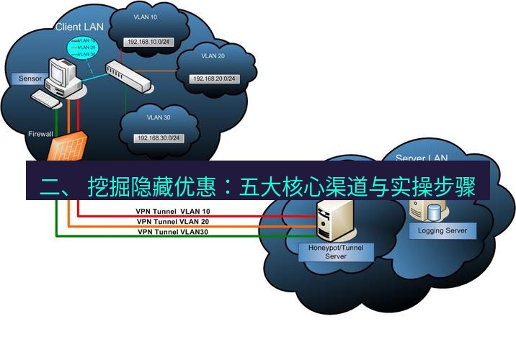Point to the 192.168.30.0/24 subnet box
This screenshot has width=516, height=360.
click(159, 138)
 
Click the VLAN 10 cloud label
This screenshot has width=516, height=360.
click(146, 16)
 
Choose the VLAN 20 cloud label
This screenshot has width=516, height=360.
click(213, 55)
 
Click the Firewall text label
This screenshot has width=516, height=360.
click(40, 134)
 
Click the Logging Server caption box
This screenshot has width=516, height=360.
click(442, 230)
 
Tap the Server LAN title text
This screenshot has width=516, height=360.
click(422, 158)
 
